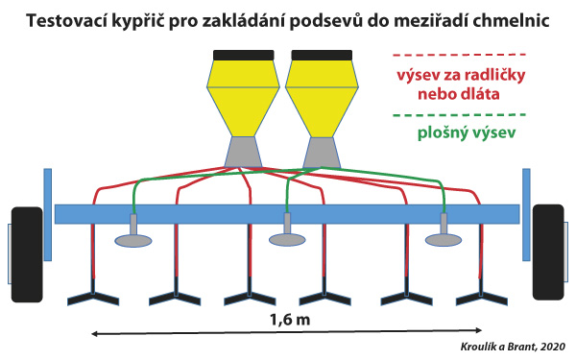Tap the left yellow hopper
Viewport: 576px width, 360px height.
pos(244,96)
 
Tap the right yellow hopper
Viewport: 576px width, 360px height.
pos(319,96)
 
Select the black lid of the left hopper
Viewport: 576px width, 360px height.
pos(244,55)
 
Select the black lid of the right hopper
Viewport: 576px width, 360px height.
pos(319,55)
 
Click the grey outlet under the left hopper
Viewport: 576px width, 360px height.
pos(244,150)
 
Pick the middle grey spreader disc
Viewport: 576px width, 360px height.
pos(287,238)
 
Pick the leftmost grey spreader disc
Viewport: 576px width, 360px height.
pos(133,238)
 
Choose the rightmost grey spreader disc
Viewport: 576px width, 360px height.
pos(444,238)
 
